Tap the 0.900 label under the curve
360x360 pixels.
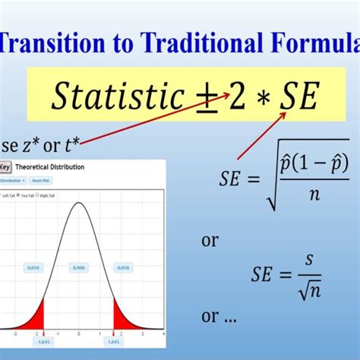click(80, 267)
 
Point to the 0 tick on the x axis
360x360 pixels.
click(80, 333)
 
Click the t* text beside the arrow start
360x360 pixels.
click(69, 144)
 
